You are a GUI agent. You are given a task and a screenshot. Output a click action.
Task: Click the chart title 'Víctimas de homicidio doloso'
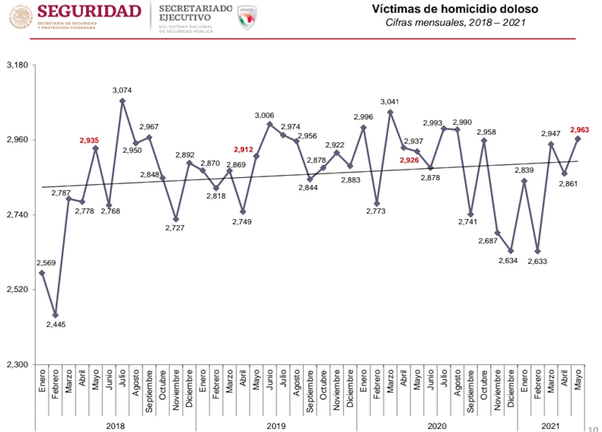(455, 9)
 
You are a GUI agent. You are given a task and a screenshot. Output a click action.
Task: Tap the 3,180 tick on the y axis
(17, 65)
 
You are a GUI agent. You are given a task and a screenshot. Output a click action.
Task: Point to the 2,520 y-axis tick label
(17, 290)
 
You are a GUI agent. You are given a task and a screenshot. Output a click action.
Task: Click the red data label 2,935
(89, 140)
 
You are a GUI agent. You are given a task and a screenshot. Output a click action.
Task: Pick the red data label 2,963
(580, 129)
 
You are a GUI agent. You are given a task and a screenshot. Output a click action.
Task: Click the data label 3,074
(122, 90)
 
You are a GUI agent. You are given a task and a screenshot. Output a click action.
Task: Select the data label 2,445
(55, 324)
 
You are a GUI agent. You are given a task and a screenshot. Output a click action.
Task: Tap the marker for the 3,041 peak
(390, 112)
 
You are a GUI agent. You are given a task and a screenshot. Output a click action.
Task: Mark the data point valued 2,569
(42, 273)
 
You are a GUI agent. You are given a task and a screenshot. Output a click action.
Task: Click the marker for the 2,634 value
(511, 251)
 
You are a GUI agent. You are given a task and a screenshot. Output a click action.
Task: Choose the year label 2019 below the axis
(276, 426)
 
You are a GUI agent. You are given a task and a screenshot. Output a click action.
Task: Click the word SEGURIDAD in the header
(89, 11)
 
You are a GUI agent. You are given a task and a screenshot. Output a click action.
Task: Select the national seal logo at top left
(20, 17)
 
